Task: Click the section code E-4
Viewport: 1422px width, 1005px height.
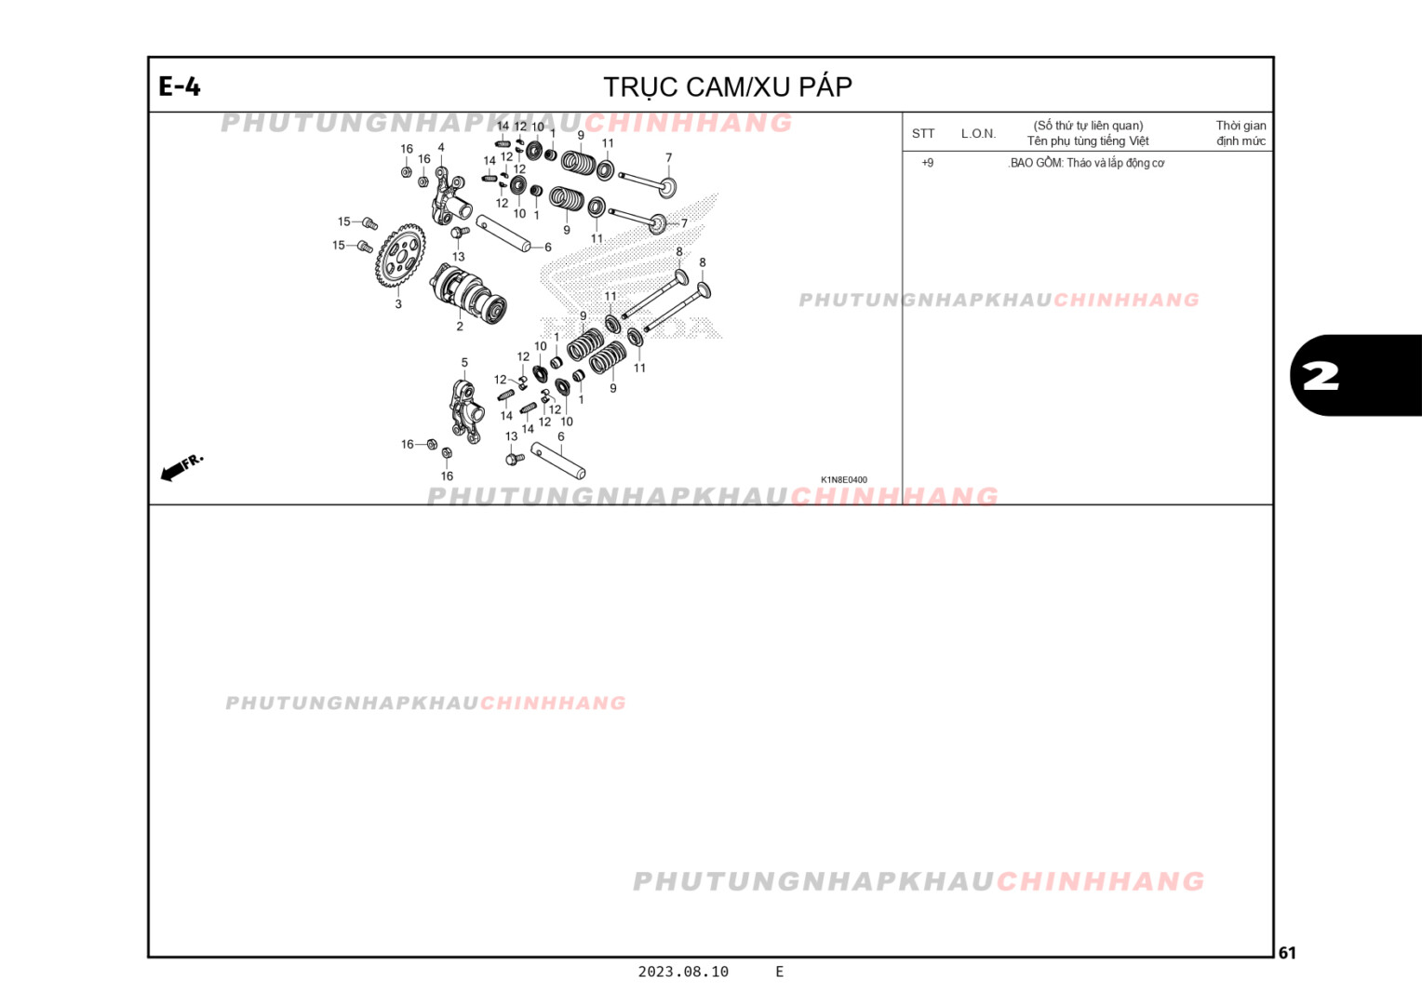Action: coord(180,87)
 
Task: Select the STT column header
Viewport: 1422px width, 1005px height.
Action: coord(923,133)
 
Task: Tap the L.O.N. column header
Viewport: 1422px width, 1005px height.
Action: coord(978,133)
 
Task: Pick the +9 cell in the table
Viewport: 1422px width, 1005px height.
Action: coord(927,163)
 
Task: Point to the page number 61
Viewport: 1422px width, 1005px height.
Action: coord(1287,952)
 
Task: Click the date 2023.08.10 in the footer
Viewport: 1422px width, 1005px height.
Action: coord(683,971)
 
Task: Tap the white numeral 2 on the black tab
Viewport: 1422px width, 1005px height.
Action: coord(1321,376)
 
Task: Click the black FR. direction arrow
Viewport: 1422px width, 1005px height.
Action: coord(173,472)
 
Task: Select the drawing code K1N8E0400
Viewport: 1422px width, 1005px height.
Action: coord(843,480)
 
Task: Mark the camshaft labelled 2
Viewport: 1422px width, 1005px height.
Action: coord(469,292)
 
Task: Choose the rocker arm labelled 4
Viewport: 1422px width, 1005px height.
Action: coord(448,194)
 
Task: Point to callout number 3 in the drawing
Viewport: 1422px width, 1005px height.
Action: coord(398,303)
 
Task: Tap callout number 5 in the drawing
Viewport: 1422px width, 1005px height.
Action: coord(464,363)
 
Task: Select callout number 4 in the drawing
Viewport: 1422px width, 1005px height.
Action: coord(441,148)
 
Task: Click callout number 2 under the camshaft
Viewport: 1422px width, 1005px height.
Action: coord(460,327)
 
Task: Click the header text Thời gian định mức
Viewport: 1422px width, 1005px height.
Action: coord(1241,133)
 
